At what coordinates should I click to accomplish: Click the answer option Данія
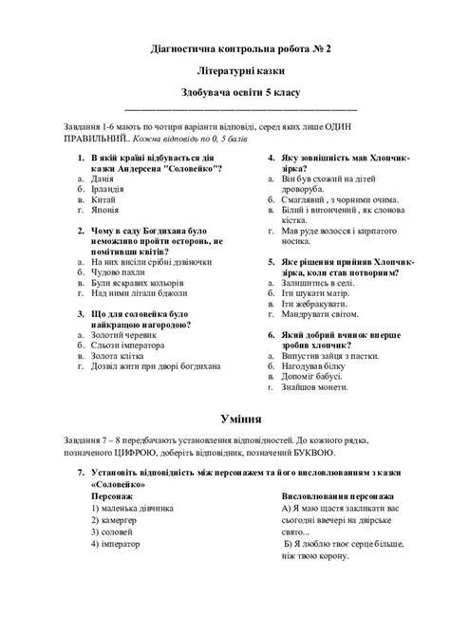pos(102,177)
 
